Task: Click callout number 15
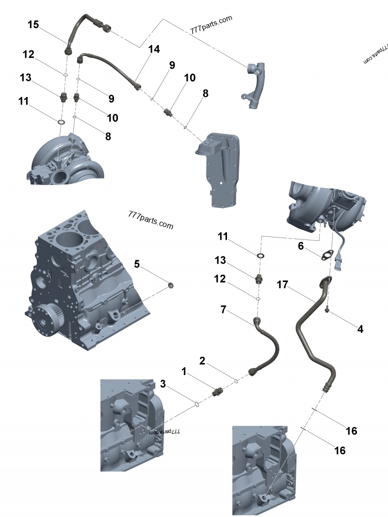click(33, 25)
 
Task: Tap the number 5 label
click(137, 264)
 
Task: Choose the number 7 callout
click(223, 309)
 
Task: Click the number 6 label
click(301, 246)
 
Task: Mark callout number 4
click(360, 329)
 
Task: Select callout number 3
click(163, 384)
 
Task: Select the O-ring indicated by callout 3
click(196, 403)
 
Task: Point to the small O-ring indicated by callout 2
click(236, 381)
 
